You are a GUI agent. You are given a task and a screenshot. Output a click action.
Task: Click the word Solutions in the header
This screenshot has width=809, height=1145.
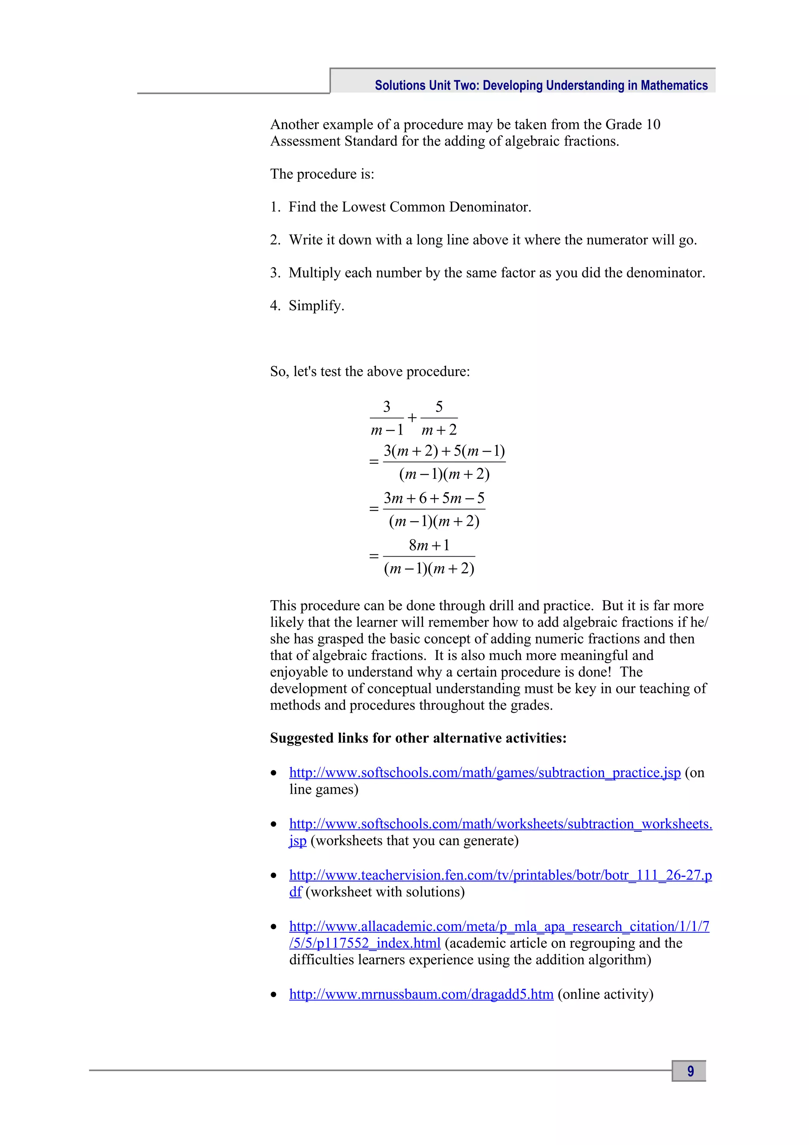pyautogui.click(x=400, y=86)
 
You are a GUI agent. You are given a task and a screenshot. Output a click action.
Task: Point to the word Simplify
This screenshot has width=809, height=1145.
pyautogui.click(x=316, y=306)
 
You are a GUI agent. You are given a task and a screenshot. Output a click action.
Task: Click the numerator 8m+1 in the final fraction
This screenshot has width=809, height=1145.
pyautogui.click(x=429, y=545)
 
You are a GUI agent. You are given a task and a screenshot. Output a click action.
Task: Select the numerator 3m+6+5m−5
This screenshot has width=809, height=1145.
pyautogui.click(x=434, y=498)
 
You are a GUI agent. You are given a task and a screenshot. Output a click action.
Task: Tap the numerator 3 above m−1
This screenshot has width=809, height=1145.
pyautogui.click(x=387, y=407)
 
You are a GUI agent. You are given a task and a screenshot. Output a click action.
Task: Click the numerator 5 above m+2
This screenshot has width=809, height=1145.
pyautogui.click(x=438, y=407)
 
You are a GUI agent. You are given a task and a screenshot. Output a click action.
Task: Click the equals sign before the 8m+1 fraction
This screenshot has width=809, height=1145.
pyautogui.click(x=374, y=556)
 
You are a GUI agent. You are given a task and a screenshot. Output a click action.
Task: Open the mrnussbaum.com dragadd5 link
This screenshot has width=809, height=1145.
pyautogui.click(x=421, y=994)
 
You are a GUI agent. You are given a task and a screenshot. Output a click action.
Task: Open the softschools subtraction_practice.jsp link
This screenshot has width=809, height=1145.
pyautogui.click(x=485, y=772)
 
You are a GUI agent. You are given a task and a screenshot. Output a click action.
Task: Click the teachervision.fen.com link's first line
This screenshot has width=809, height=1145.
pyautogui.click(x=500, y=875)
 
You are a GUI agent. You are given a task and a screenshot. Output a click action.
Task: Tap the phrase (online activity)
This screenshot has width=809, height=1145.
pyautogui.click(x=605, y=994)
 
